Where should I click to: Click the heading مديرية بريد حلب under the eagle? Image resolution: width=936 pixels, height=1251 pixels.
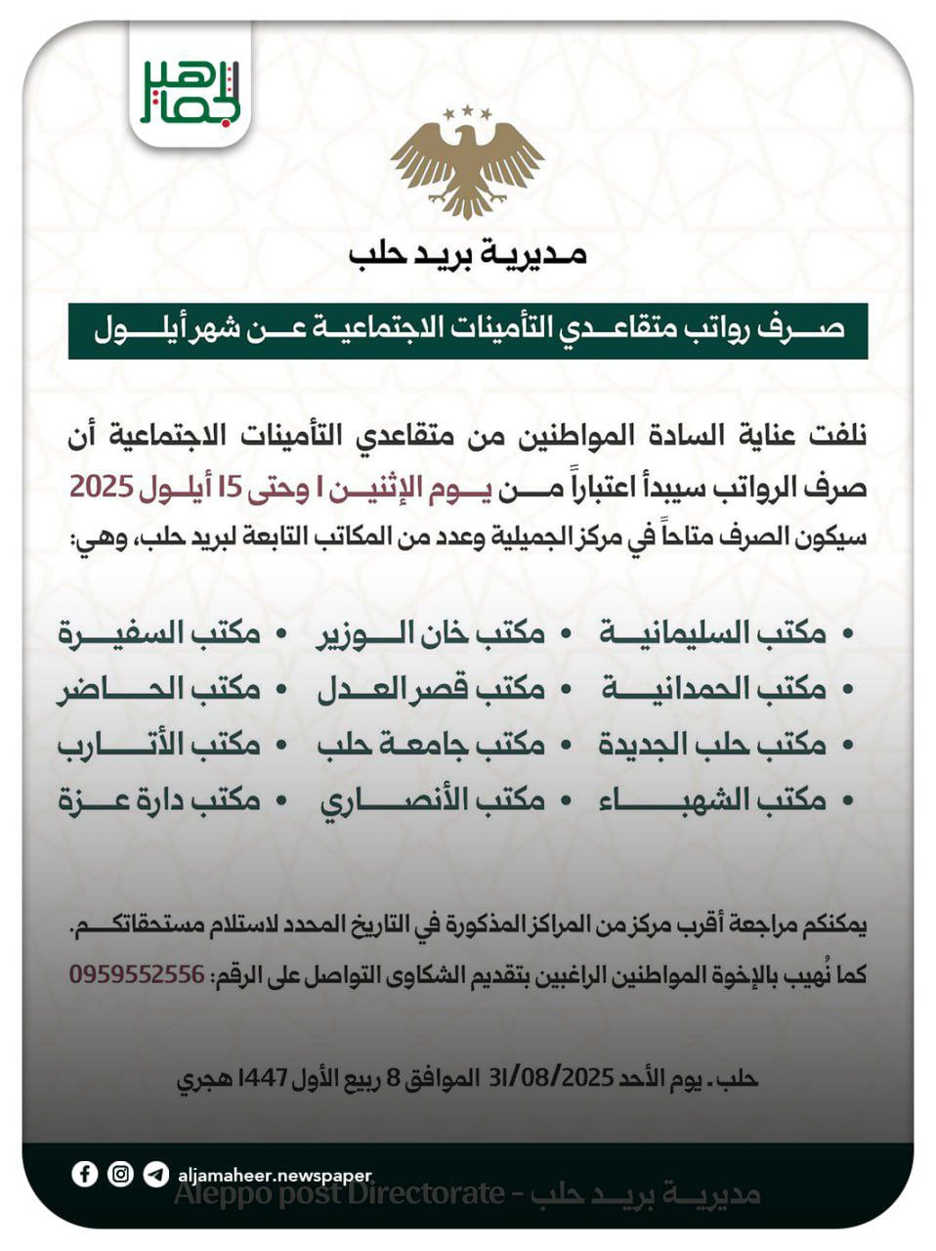pos(467,255)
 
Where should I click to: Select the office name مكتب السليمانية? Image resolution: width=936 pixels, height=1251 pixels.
pos(713,633)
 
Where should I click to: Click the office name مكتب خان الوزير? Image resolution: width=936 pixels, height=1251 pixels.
pos(431,633)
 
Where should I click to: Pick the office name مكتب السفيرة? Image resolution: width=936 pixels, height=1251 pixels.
pos(159,633)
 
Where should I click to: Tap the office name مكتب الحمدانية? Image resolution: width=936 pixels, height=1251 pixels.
pos(713,689)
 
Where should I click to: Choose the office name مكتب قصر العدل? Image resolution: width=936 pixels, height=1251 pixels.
pos(431,689)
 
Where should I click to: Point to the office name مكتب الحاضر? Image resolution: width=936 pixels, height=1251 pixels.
pos(159,689)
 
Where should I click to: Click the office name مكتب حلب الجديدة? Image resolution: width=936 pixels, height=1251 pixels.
pos(713,745)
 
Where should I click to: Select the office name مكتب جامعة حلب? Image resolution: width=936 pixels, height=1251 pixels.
pos(431,745)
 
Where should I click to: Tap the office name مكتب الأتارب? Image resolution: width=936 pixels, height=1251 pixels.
pos(159,745)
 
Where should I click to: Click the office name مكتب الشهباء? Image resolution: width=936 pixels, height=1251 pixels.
pos(713,800)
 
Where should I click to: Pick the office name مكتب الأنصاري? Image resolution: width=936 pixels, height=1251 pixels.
pos(431,800)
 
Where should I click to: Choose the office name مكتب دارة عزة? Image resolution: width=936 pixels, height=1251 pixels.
pos(159,800)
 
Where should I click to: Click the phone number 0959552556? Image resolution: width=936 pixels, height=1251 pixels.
pos(137,974)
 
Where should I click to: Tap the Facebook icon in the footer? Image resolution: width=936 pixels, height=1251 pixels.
pos(85,1174)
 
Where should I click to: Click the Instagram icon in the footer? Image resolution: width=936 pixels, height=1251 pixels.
pos(120,1174)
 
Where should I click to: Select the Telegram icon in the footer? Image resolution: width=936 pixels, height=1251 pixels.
pos(155,1174)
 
